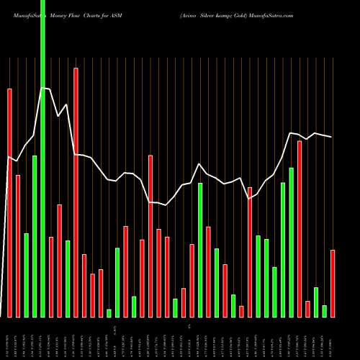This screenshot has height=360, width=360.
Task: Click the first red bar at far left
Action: [9, 202]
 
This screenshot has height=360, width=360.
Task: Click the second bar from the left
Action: [18, 246]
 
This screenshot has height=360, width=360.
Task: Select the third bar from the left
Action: [26, 275]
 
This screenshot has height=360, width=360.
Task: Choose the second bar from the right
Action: [324, 311]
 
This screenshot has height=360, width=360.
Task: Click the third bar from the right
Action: [316, 302]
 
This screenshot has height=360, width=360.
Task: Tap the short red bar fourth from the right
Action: [307, 309]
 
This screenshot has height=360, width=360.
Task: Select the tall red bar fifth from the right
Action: [300, 228]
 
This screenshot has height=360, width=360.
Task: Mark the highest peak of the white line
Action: [42, 88]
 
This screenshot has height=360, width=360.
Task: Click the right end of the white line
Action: [332, 137]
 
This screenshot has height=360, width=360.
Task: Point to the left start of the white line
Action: [8, 156]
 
